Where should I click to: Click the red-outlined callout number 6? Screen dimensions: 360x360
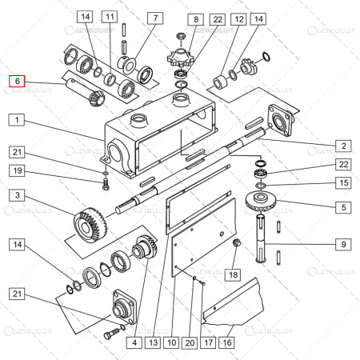(17, 81)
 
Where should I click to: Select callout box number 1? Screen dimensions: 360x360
(17, 119)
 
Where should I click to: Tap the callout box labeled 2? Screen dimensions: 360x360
(342, 146)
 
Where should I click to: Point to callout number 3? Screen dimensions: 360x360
(17, 194)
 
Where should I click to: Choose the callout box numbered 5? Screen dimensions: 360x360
(342, 207)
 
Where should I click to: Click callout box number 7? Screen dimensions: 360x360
(152, 17)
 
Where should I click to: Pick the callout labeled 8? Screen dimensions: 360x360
(194, 18)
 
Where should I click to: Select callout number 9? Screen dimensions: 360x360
(342, 245)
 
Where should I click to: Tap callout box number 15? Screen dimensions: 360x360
(342, 183)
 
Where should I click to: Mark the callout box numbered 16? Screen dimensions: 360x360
(227, 342)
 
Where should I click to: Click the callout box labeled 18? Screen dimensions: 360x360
(231, 274)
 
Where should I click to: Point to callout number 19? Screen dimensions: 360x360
(17, 170)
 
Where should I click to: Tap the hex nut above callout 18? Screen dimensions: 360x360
(236, 243)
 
